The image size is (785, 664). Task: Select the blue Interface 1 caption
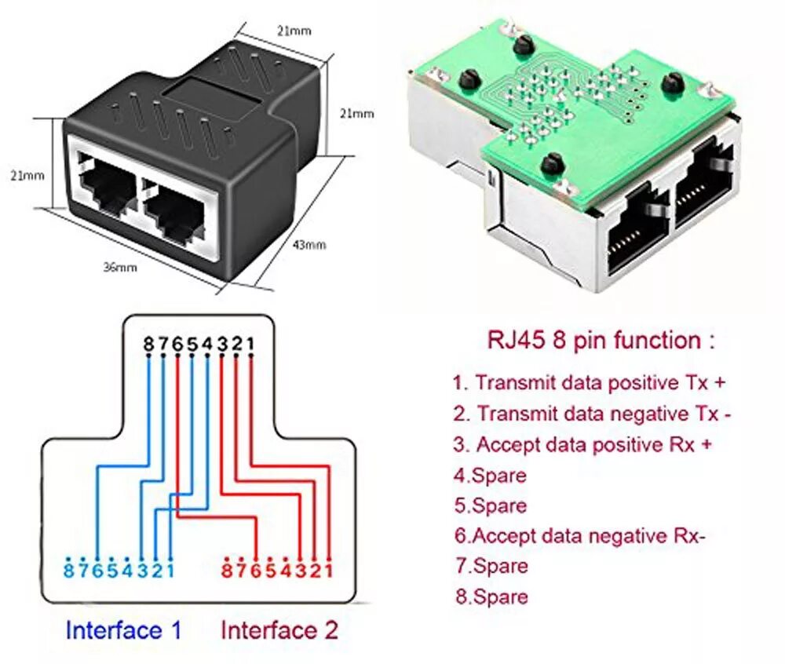(x=124, y=629)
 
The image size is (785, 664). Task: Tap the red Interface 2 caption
(x=279, y=629)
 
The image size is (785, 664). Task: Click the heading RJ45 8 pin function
(x=601, y=341)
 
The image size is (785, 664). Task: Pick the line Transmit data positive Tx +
(x=589, y=383)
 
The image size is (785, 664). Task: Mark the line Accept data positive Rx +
(x=583, y=444)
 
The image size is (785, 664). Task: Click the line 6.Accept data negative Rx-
(x=580, y=535)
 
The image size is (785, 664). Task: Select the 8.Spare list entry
(x=491, y=597)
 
